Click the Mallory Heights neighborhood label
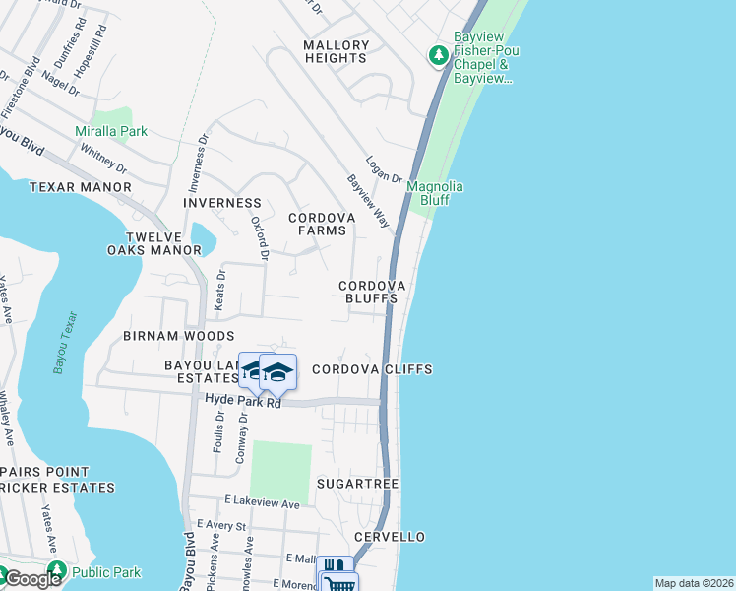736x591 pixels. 337,52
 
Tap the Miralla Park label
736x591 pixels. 111,131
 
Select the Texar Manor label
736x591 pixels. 81,187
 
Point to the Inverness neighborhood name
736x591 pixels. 222,203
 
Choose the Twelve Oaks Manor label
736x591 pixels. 153,244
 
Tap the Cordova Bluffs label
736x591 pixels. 372,292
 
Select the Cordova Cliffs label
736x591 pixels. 372,369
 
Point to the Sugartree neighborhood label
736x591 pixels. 357,485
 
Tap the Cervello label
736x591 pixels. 390,537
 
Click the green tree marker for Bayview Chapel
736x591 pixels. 438,56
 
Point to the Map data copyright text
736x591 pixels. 695,583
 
